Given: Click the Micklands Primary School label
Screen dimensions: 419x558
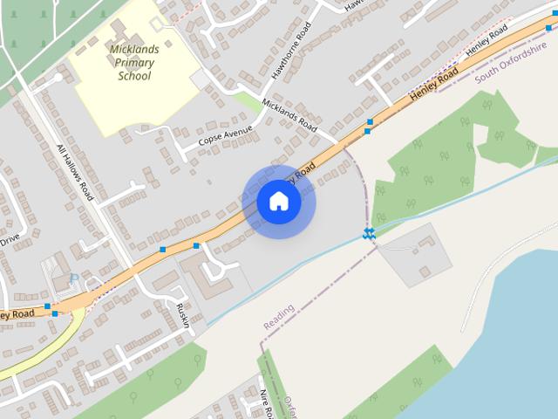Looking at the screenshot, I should click(134, 62).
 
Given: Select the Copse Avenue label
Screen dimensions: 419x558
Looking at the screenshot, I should click(225, 135).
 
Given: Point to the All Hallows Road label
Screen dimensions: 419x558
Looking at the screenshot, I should click(75, 172).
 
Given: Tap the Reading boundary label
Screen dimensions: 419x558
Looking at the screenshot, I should click(279, 317).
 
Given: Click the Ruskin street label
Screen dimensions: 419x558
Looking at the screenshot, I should click(182, 316).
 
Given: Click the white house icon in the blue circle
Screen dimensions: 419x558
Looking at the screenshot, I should click(279, 202).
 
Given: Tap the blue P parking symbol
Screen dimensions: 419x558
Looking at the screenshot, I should click(73, 278).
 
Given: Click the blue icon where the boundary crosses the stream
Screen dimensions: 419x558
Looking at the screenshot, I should click(369, 233).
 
